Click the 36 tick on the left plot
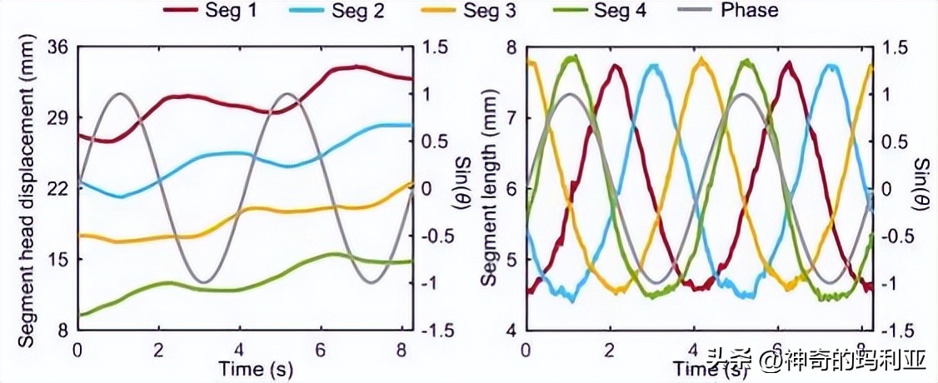(x=58, y=47)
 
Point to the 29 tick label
(x=58, y=118)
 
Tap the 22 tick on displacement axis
(x=58, y=189)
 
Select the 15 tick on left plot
(x=58, y=259)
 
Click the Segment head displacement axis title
(x=25, y=187)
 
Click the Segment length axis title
(x=489, y=187)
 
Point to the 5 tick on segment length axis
(x=512, y=259)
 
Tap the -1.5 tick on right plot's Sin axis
(x=892, y=331)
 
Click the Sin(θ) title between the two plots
(x=460, y=187)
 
